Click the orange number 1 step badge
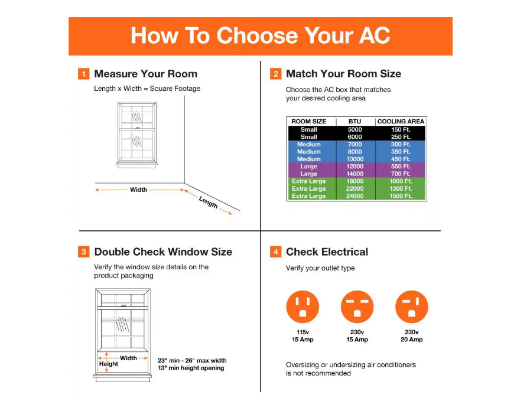pyautogui.click(x=84, y=74)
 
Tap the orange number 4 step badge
pyautogui.click(x=275, y=252)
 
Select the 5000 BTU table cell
pyautogui.click(x=355, y=130)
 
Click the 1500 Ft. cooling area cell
pyautogui.click(x=401, y=196)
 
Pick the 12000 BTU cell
pyautogui.click(x=355, y=167)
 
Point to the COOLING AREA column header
pyautogui.click(x=401, y=122)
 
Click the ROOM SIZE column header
pyautogui.click(x=308, y=122)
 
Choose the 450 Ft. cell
pyautogui.click(x=401, y=159)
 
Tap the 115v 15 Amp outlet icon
pyautogui.click(x=302, y=307)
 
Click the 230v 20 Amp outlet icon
pyautogui.click(x=411, y=307)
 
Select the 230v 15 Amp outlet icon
pyautogui.click(x=357, y=307)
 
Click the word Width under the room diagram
pyautogui.click(x=138, y=190)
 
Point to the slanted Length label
pyautogui.click(x=208, y=202)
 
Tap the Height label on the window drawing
pyautogui.click(x=109, y=364)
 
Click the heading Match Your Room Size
pyautogui.click(x=343, y=74)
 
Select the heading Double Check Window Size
pyautogui.click(x=163, y=252)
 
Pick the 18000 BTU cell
pyautogui.click(x=355, y=181)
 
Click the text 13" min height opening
pyautogui.click(x=191, y=368)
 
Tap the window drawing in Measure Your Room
pyautogui.click(x=136, y=133)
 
